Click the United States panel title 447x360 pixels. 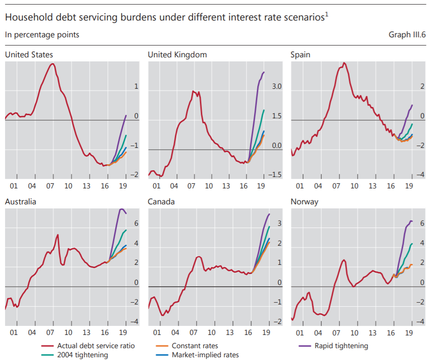coord(29,55)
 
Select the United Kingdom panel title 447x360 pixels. coord(177,55)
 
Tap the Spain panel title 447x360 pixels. coord(300,55)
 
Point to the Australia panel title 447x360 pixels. coord(20,202)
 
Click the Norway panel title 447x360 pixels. coord(304,202)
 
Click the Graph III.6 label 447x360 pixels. coord(406,35)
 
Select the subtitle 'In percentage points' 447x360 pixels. coord(42,35)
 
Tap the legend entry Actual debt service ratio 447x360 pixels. coord(96,346)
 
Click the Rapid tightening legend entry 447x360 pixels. coord(341,346)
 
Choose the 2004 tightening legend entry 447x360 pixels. coord(82,355)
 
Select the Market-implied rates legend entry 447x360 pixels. coord(205,355)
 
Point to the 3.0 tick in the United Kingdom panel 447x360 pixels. coord(277,86)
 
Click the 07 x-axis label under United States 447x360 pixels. coord(50,186)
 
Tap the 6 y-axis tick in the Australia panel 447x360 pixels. coord(136,224)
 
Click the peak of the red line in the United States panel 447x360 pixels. coord(52,64)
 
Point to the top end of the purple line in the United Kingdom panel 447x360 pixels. coord(264,72)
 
